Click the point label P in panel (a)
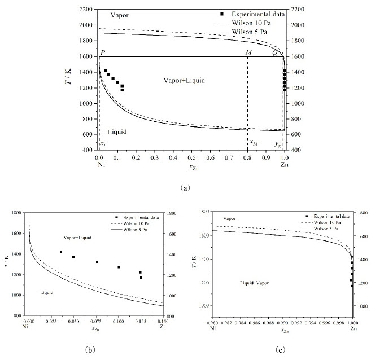[103, 52]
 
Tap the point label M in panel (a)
[248, 52]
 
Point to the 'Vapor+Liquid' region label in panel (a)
[182, 81]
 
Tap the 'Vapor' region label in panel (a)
[119, 14]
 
